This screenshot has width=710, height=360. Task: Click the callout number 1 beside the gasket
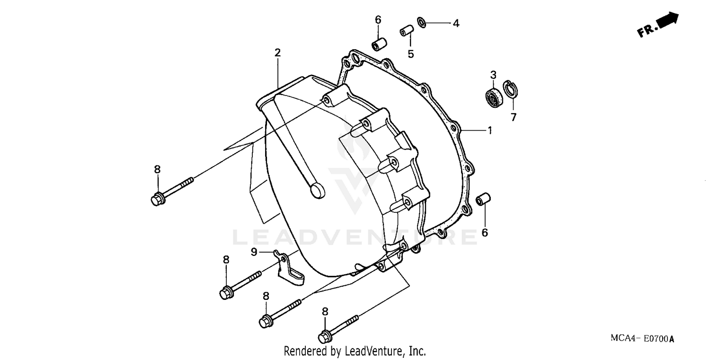[x=490, y=130]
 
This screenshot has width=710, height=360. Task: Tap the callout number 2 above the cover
[x=278, y=53]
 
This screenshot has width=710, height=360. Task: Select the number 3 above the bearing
[x=493, y=75]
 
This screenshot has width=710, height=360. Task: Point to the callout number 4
[x=455, y=23]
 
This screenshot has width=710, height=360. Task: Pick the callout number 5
[x=411, y=54]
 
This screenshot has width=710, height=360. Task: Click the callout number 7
[x=514, y=117]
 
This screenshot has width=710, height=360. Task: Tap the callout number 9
[x=254, y=252]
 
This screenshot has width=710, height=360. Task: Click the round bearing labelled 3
[x=493, y=96]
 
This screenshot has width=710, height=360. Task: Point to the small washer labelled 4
[x=422, y=22]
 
